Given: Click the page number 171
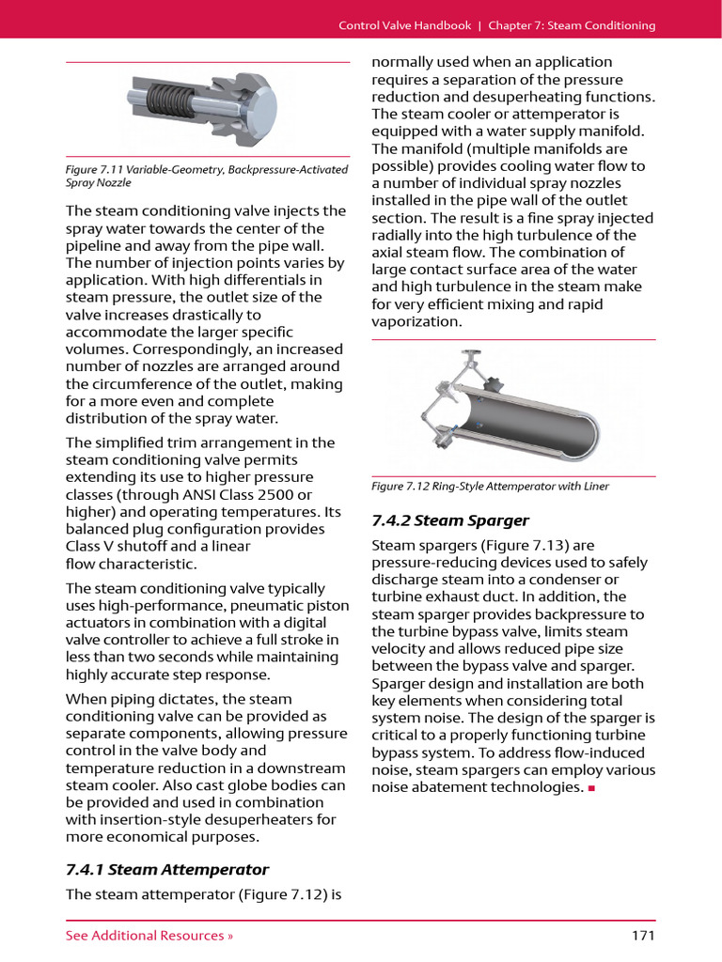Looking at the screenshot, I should [x=643, y=935].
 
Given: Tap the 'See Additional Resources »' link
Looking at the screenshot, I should [x=149, y=935].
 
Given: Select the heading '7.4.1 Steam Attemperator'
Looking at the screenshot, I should [x=167, y=869].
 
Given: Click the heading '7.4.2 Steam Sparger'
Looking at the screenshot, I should [x=450, y=520].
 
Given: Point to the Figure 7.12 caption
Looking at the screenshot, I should [x=490, y=486].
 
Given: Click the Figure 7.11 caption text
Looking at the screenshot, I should [x=206, y=176].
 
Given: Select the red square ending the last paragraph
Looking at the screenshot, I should [x=591, y=788].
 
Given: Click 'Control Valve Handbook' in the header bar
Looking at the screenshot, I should [x=405, y=25].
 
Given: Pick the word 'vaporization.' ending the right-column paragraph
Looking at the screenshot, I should [x=417, y=321].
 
